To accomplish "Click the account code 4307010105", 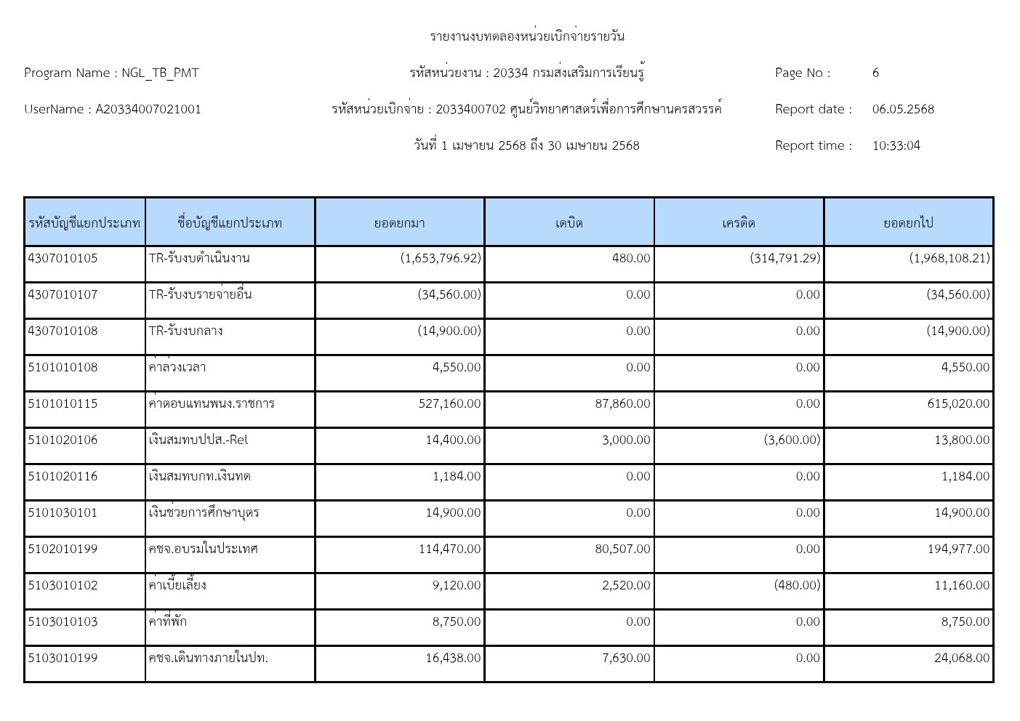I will click(x=63, y=258).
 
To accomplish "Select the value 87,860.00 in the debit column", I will click(x=622, y=403).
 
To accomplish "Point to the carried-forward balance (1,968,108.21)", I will click(x=949, y=258).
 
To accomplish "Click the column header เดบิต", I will click(x=569, y=222).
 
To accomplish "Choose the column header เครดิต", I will click(x=739, y=222).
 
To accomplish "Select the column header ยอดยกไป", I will click(x=908, y=222).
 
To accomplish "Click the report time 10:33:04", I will click(x=896, y=145).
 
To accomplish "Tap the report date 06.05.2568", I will click(x=903, y=109).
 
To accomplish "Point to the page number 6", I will click(x=875, y=73).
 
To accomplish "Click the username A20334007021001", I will click(x=148, y=109).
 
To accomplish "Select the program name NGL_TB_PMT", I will click(x=160, y=73).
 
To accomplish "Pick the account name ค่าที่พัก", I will click(x=167, y=621).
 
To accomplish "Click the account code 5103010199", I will click(x=63, y=658).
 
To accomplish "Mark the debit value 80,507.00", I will click(x=622, y=549).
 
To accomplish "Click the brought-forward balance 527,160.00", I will click(x=449, y=403).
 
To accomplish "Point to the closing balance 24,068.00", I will click(x=962, y=658).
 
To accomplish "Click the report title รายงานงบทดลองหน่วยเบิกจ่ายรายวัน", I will click(x=527, y=36).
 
